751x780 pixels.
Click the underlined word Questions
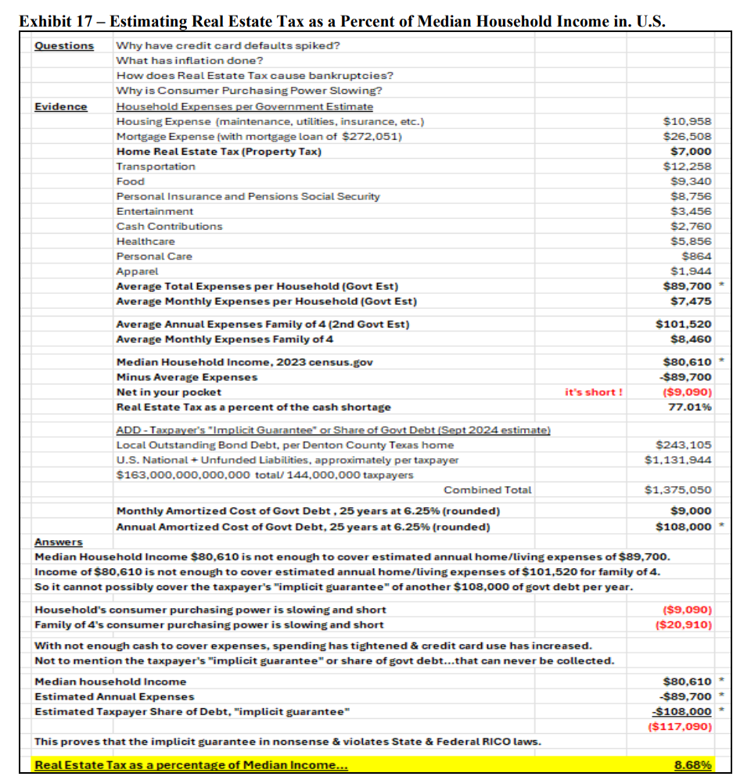[x=64, y=45]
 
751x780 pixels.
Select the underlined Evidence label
[x=61, y=106]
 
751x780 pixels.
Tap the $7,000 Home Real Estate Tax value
[x=692, y=152]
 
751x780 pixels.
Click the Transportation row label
[x=156, y=166]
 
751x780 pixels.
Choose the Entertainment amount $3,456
[x=692, y=212]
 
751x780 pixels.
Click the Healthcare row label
[x=146, y=242]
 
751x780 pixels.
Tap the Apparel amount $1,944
[x=692, y=271]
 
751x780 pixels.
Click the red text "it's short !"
[x=594, y=392]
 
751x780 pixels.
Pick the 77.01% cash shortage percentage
[x=692, y=407]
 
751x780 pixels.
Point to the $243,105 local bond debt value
[x=686, y=445]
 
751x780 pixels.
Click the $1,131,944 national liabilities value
[x=679, y=460]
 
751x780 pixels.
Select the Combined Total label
[x=487, y=490]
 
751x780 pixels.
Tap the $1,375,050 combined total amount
[x=679, y=490]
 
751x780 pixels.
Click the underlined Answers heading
[x=59, y=542]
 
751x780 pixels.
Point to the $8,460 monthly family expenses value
[x=692, y=339]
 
